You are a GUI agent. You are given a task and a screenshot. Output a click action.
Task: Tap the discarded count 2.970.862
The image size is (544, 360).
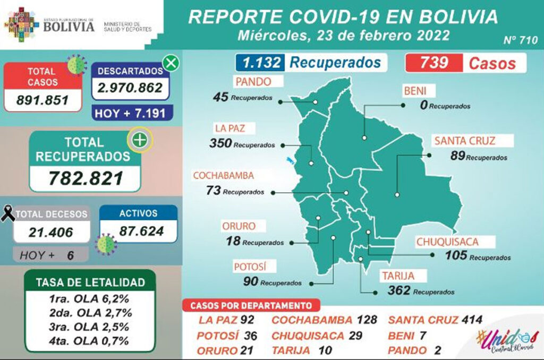point(130,88)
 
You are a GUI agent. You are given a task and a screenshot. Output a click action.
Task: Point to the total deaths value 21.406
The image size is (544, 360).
point(51,232)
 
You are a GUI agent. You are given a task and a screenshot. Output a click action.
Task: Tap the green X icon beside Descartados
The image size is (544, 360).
point(171,63)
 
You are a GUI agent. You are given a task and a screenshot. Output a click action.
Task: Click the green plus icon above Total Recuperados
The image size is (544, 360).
point(141,141)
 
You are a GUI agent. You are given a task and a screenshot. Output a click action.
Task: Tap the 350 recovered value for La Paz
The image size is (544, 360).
point(220,144)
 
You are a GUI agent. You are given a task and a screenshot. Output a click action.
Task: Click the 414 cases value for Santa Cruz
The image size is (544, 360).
point(472,320)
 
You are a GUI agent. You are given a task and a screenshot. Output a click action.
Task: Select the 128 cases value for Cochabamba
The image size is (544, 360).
point(367,320)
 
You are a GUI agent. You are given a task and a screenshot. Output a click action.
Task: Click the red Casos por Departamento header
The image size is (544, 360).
point(251,305)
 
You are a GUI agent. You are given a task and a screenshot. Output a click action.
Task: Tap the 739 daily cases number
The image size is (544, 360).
point(434,63)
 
